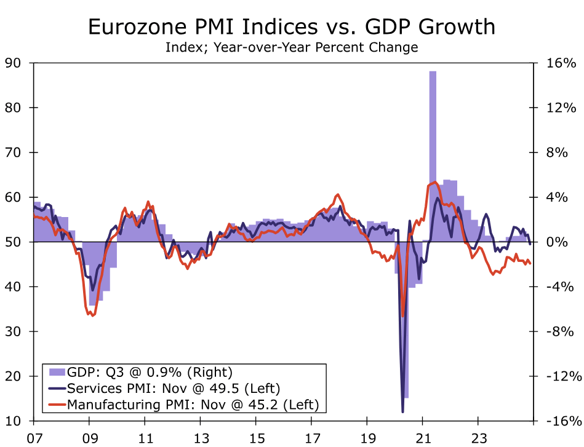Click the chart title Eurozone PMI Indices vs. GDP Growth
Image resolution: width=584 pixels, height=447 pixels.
[x=292, y=27]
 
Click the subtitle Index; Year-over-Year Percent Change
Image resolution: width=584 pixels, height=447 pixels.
[x=292, y=47]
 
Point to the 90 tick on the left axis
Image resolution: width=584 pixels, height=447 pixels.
[x=14, y=63]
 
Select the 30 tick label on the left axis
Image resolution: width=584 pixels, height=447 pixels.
[x=14, y=331]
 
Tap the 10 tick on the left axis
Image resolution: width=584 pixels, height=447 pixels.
[x=14, y=421]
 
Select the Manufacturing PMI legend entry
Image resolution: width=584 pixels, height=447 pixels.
[x=193, y=405]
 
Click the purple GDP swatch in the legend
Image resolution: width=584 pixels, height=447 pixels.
[x=57, y=372]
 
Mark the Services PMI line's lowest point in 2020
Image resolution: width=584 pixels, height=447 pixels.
[x=402, y=411]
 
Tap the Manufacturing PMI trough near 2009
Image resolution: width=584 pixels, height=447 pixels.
[x=92, y=315]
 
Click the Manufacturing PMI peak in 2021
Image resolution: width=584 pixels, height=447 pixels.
[x=433, y=182]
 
